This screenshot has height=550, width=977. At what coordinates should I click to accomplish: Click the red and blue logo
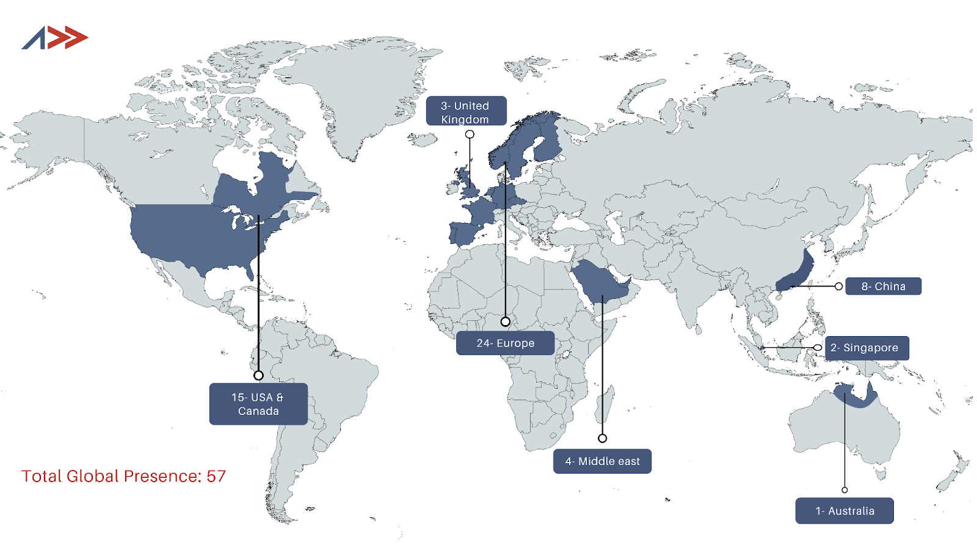point(55,38)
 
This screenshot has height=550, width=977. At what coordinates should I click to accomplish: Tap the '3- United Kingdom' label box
point(466,111)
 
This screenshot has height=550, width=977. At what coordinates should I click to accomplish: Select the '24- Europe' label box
point(505,343)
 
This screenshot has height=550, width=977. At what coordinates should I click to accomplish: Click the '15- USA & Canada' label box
point(258,404)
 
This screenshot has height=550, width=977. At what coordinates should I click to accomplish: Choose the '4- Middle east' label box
point(602,461)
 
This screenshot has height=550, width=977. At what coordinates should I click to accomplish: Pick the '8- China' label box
point(883,286)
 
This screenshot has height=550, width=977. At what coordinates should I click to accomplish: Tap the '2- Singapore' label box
point(866,348)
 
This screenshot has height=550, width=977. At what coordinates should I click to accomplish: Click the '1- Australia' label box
point(844,511)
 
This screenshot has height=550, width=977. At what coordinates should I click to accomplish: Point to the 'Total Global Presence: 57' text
point(124,476)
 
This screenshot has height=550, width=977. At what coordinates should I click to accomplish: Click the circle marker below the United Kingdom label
point(470,134)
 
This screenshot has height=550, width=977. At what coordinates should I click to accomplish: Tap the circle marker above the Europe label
point(506,321)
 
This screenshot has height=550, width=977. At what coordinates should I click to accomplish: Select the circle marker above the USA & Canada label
point(258,375)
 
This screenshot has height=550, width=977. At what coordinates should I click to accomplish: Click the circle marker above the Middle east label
point(602,438)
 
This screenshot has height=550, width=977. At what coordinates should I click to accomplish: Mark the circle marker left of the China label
point(839,286)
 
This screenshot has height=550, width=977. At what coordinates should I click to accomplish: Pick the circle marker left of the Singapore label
point(818,348)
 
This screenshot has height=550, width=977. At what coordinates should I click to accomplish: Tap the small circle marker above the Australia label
point(844,490)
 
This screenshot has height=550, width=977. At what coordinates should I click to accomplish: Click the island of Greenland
point(354,92)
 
